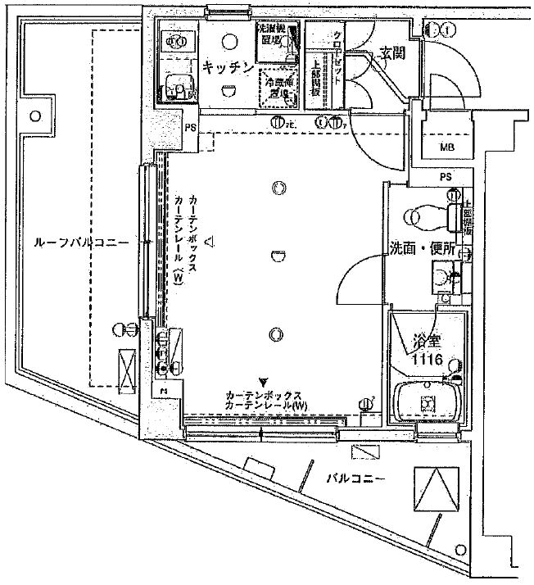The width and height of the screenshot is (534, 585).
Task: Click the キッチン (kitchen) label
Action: coord(227,69)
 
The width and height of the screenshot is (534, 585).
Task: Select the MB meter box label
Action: coord(446,147)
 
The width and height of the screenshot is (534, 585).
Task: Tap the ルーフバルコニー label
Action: coord(82,243)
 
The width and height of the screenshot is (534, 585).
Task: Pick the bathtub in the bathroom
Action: coord(427,402)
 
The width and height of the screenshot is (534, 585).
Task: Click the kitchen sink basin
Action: coord(173,85)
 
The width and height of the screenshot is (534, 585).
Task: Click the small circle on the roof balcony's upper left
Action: coord(34,116)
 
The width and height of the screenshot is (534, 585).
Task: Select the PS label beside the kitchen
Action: coord(188,128)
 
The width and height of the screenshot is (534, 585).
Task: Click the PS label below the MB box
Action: coord(445,177)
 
